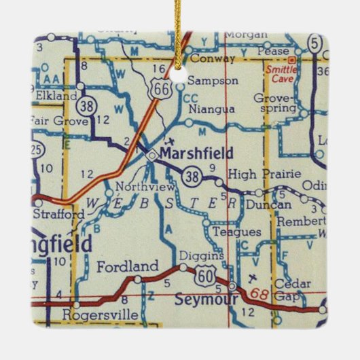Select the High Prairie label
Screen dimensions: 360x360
tap(264, 175)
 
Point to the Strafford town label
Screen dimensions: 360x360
tap(58, 214)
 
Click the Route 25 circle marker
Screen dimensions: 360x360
tap(37, 148)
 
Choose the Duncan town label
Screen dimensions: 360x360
tap(268, 204)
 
